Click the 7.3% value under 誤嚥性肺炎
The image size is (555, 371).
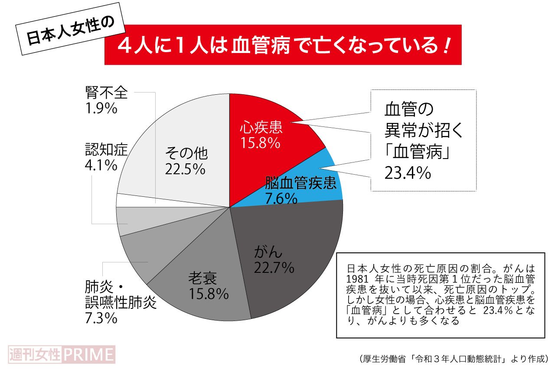[101, 318]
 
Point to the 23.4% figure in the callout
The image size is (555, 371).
[408, 173]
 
